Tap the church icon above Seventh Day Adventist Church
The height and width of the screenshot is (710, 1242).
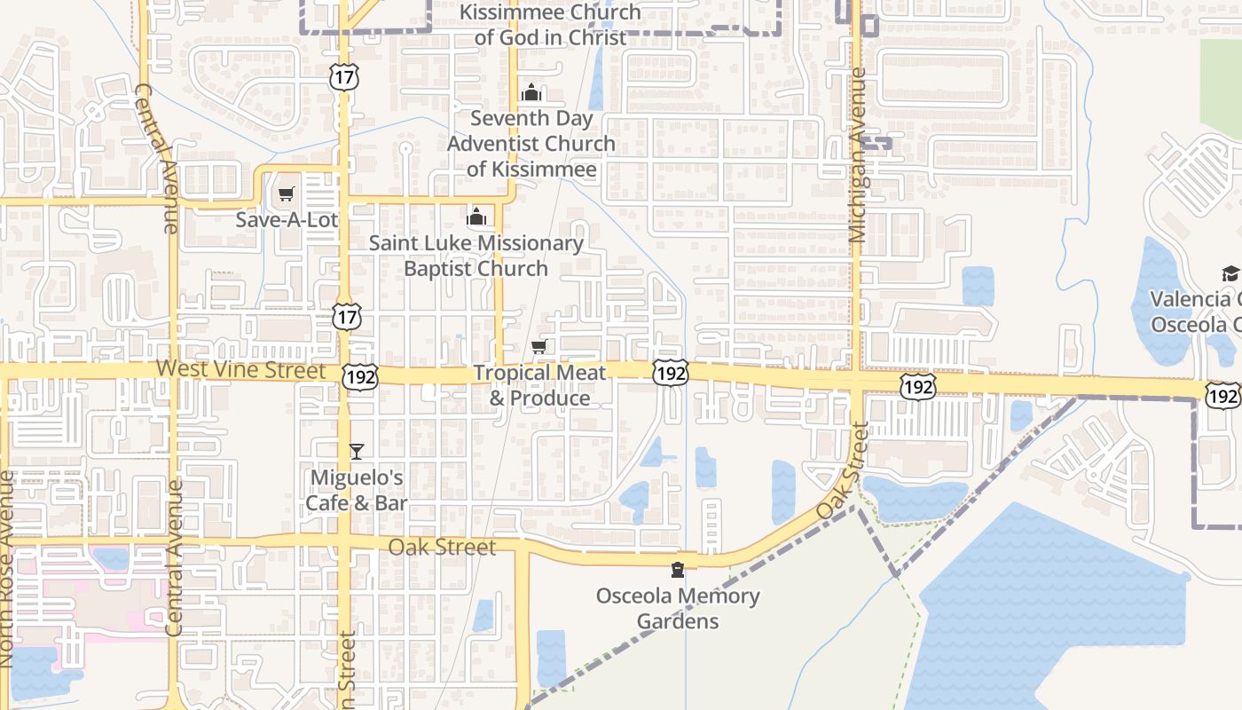(531, 92)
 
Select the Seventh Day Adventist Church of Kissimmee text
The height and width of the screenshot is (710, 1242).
(531, 143)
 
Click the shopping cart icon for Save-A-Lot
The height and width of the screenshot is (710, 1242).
(286, 193)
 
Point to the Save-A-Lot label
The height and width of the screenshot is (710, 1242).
(287, 218)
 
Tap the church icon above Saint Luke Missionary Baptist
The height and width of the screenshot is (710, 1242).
(476, 217)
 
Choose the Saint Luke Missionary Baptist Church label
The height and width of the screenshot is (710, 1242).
(476, 255)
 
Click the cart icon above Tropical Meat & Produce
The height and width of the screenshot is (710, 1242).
(538, 346)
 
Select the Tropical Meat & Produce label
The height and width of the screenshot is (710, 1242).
(539, 385)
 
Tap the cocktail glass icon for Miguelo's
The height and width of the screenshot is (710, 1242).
(356, 451)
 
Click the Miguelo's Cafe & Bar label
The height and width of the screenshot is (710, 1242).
(357, 490)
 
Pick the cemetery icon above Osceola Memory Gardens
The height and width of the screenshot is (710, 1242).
(678, 569)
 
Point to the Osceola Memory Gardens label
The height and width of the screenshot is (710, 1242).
(678, 608)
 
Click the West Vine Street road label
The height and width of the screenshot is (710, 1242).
(241, 369)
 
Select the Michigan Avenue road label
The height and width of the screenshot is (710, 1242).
(857, 169)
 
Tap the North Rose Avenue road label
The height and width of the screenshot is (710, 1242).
(7, 568)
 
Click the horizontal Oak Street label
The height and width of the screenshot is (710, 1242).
(442, 547)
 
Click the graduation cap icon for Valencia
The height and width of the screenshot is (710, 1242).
(1230, 273)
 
